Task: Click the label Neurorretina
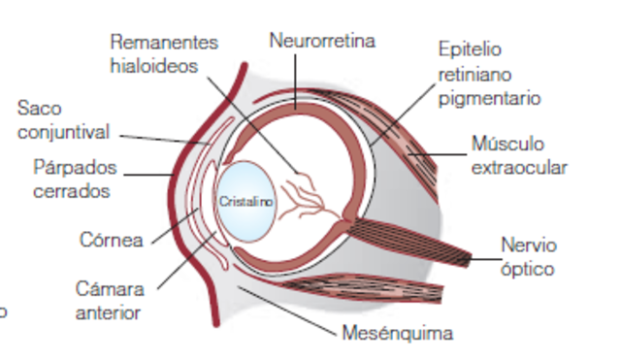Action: [x=322, y=41]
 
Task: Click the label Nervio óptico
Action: [x=529, y=256]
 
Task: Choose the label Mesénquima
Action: [x=398, y=335]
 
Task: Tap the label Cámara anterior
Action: [x=109, y=301]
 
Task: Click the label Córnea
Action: [x=112, y=239]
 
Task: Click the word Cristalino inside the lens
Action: [x=245, y=202]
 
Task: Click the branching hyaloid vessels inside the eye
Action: [x=310, y=194]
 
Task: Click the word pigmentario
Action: [x=489, y=98]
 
